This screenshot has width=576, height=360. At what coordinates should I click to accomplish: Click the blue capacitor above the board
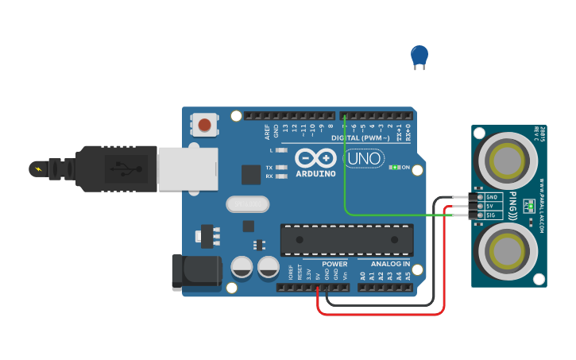tap(419, 56)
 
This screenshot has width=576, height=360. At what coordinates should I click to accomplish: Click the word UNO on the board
tap(364, 159)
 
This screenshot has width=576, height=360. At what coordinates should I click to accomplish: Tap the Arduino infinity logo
tap(315, 157)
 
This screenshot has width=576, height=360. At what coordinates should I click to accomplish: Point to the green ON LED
tap(393, 168)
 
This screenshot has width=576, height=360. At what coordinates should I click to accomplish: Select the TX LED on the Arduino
tap(280, 168)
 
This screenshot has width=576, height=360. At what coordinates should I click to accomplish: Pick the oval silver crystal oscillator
tap(248, 204)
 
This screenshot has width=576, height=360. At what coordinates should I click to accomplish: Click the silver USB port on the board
tap(187, 168)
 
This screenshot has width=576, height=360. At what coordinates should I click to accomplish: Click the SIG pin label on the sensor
tap(491, 215)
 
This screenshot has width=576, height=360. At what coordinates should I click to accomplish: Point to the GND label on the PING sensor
tap(491, 197)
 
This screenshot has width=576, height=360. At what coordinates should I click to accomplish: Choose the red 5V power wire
tap(381, 314)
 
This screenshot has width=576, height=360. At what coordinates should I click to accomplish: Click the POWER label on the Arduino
tap(334, 264)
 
